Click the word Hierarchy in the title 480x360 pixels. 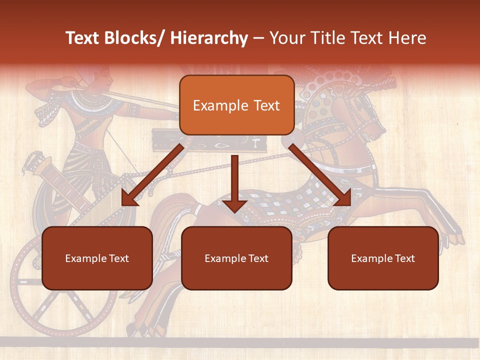tap(209, 38)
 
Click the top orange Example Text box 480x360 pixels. tap(236, 105)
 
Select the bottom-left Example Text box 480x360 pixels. tap(97, 258)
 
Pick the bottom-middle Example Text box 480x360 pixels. tap(236, 258)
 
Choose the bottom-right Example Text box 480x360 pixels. tap(383, 258)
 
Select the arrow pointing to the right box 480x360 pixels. tap(320, 176)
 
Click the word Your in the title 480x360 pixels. tap(287, 38)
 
